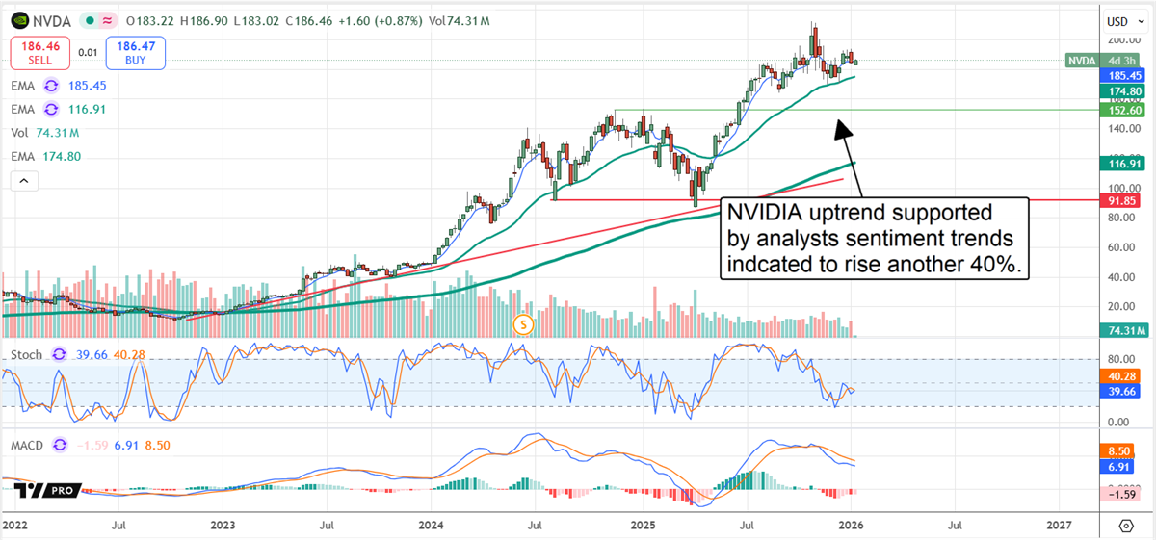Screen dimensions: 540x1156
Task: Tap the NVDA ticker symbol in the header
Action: [55, 18]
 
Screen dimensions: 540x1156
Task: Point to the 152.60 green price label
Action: [1123, 111]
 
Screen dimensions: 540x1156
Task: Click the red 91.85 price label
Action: [1123, 200]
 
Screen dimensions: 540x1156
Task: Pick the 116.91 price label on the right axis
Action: [1123, 165]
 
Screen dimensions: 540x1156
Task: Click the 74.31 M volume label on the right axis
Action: [1123, 331]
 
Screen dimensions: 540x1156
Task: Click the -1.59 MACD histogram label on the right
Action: [1123, 493]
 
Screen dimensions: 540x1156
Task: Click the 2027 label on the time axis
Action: [1058, 525]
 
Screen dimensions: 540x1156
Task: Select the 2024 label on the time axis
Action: [432, 525]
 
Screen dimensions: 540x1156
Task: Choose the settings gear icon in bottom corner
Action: [1126, 525]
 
